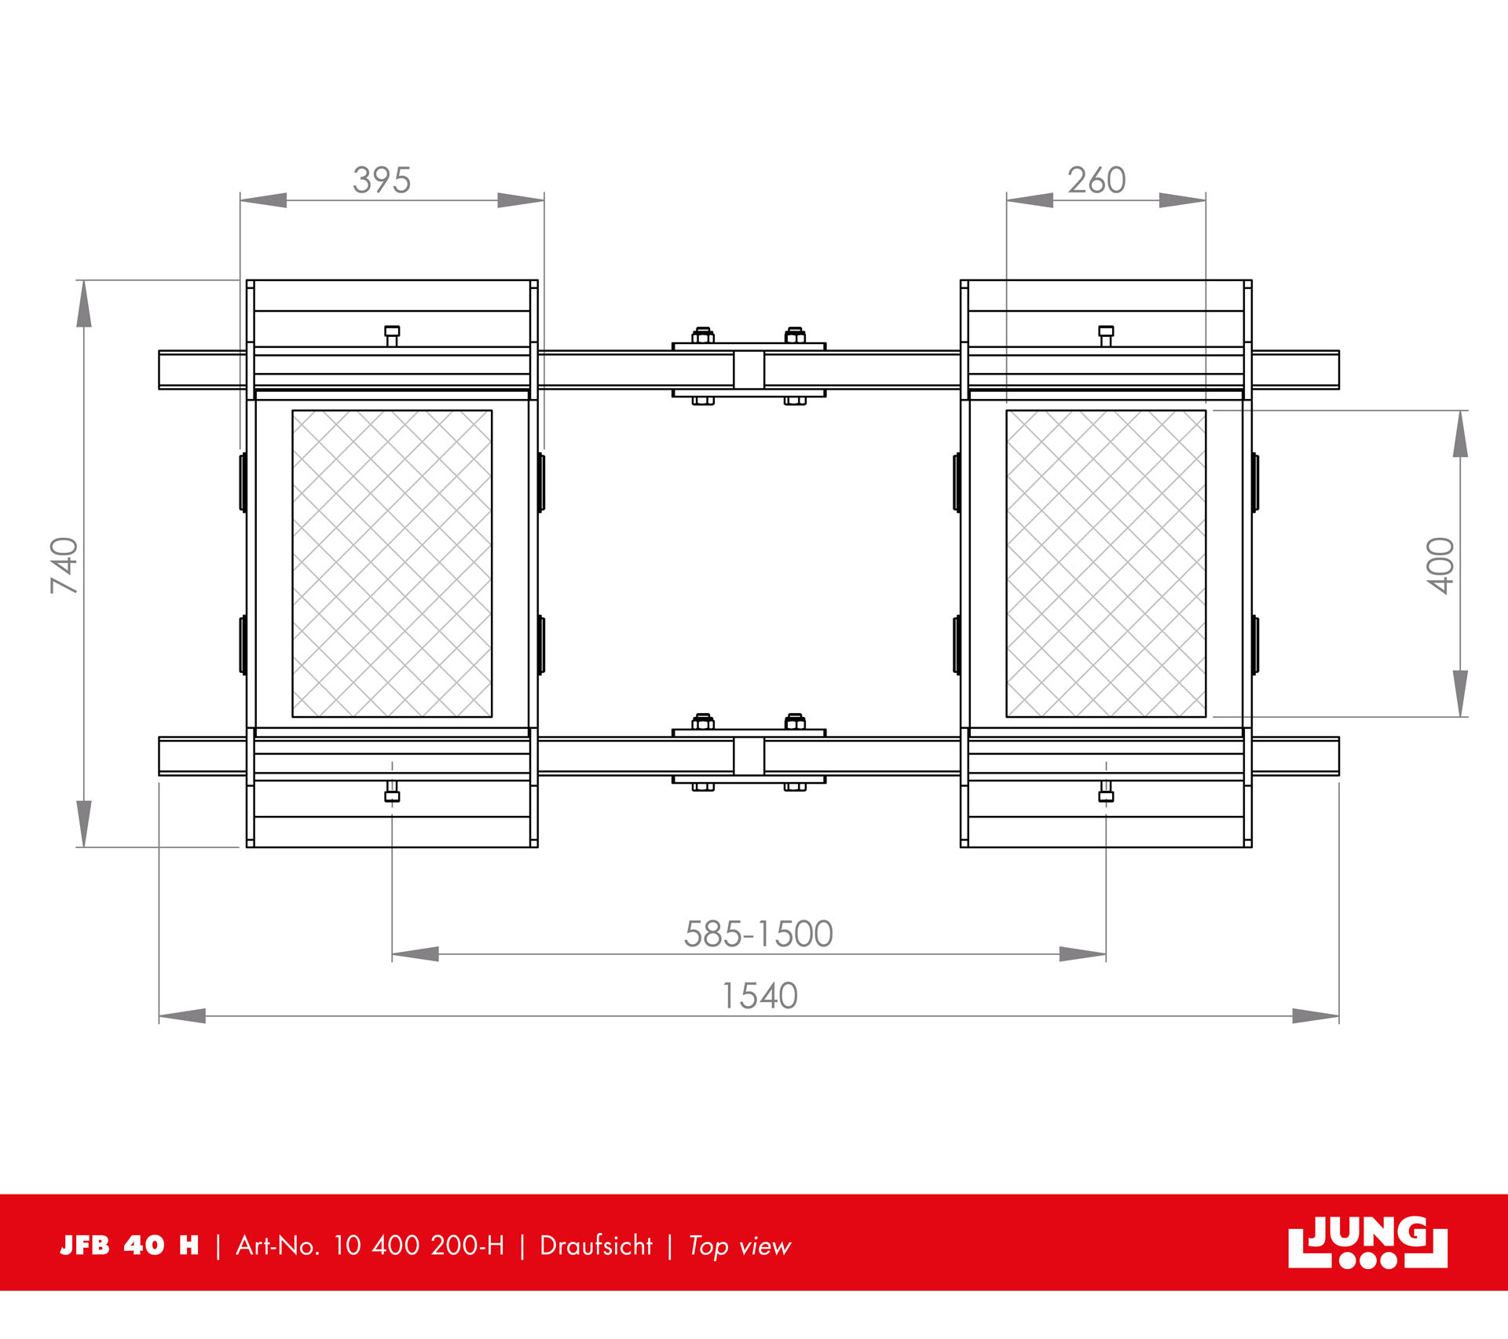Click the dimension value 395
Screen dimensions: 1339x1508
[382, 181]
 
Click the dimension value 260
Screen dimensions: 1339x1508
[1096, 181]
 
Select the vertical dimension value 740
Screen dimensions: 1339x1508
[65, 565]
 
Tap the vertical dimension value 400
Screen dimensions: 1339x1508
[1441, 565]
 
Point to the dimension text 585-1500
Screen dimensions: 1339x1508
[758, 935]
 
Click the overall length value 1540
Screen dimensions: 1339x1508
[759, 997]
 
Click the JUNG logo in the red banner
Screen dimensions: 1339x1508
[1367, 1242]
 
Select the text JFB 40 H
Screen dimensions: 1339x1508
[130, 1246]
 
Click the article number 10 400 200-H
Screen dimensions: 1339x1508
[419, 1246]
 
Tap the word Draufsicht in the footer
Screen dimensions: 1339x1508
[596, 1246]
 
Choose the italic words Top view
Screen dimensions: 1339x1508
[739, 1246]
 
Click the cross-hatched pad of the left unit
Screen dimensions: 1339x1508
[392, 563]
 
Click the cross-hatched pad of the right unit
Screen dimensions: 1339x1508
[1106, 563]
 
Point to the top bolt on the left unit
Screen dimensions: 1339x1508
[392, 335]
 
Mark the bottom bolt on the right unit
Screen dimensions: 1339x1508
[1106, 792]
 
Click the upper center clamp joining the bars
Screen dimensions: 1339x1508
[749, 368]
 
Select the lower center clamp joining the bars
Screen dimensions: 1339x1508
[749, 755]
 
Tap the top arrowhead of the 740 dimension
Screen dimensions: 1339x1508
[84, 303]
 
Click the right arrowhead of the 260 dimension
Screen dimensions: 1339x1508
[1183, 200]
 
